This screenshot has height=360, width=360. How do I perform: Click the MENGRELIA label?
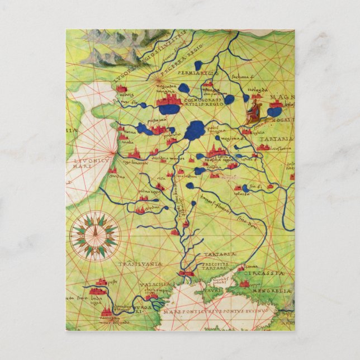click(274, 291)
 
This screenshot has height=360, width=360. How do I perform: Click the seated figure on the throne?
click(253, 111)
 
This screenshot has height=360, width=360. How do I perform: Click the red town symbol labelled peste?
click(101, 283)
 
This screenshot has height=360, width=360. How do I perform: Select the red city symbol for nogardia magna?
click(168, 101)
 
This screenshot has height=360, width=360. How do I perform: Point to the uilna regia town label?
click(149, 191)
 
